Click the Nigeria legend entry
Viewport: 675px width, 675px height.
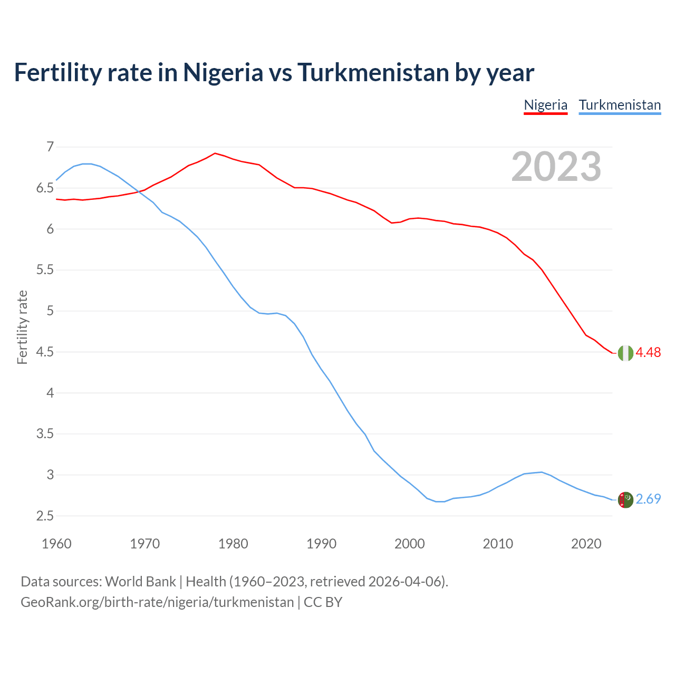click(545, 105)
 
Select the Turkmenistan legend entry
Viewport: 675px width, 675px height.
click(620, 105)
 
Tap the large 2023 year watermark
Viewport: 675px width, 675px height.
click(556, 167)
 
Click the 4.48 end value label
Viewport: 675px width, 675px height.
click(648, 352)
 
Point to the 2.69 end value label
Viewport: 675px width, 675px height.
click(648, 499)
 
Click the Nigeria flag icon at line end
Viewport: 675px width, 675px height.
click(625, 353)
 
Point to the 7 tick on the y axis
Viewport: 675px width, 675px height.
click(50, 147)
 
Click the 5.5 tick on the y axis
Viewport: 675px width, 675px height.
click(45, 270)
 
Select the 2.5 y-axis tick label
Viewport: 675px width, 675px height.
click(45, 516)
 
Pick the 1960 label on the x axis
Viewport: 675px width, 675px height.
click(56, 544)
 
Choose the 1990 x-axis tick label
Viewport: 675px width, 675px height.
click(321, 544)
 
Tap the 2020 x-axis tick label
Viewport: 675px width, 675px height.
click(586, 544)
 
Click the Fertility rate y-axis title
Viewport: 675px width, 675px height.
click(22, 327)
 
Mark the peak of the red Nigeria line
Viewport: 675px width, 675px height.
click(215, 153)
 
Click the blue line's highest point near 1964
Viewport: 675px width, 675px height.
click(87, 163)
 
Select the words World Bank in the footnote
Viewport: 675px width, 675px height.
click(140, 582)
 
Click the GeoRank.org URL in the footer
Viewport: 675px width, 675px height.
click(157, 602)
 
